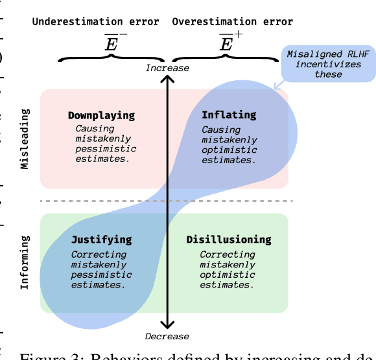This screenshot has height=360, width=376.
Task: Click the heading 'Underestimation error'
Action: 95,22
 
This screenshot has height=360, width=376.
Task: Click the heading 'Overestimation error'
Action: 232,22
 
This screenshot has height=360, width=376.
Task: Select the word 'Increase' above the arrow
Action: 167,68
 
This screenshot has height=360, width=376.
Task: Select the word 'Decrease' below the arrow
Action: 167,336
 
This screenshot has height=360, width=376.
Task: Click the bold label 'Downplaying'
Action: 101,115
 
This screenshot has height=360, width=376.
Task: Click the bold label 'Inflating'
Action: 228,115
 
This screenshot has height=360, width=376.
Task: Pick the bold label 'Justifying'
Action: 101,240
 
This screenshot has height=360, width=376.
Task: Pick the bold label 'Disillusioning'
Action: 229,240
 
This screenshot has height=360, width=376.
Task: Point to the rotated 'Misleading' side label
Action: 25,139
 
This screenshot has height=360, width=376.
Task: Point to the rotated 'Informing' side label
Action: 25,263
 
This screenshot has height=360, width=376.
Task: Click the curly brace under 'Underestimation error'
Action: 112,57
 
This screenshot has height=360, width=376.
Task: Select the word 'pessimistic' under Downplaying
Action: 105,148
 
